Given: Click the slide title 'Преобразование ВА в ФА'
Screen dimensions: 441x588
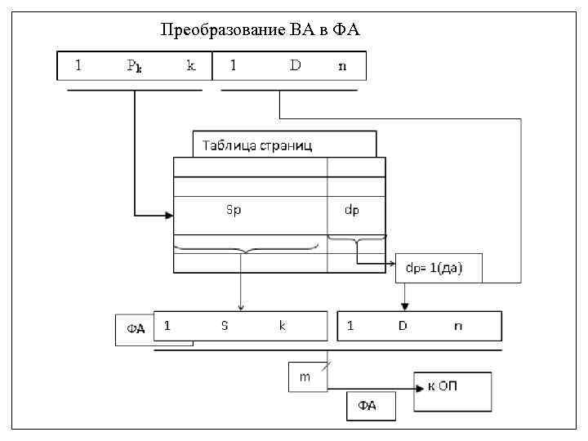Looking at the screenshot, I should [x=260, y=31].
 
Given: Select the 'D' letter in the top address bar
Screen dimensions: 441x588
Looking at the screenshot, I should [x=295, y=65].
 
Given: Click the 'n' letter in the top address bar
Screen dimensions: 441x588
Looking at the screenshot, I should [x=342, y=66].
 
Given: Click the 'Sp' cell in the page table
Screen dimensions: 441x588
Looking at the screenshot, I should [x=234, y=210].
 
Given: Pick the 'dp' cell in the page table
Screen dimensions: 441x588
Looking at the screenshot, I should [x=352, y=210].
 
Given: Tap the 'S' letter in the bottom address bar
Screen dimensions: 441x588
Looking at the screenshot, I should [x=225, y=325].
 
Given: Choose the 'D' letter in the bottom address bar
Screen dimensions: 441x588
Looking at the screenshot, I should [x=402, y=325].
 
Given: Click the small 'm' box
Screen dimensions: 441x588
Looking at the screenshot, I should [x=305, y=376].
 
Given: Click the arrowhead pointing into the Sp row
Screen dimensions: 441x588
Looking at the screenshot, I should [x=169, y=216].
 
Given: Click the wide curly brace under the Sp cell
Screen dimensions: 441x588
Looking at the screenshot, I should [x=246, y=246].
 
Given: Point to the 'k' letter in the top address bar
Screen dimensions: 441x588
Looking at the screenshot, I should [x=191, y=66].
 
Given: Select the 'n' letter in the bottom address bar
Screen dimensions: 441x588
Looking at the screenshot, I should [x=457, y=325].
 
